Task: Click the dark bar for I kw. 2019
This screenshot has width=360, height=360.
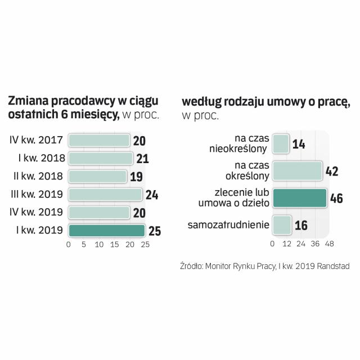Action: pos(106,231)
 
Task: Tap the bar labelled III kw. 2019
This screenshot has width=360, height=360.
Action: pos(105,195)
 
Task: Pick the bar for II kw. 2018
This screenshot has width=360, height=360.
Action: pos(97,177)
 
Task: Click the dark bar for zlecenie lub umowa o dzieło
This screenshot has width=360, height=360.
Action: pos(299,199)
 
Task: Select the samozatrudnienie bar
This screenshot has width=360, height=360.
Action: pos(282,225)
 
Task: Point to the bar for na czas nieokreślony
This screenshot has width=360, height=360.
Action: pos(281,144)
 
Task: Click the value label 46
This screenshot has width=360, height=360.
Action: pos(336,199)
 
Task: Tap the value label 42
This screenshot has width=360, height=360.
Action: pos(332,171)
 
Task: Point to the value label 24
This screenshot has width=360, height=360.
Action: pos(152,195)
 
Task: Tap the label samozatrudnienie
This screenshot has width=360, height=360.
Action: pos(228,226)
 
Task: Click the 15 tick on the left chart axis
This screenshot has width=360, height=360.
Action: pos(115,245)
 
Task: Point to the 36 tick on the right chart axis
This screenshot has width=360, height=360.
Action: pos(315,245)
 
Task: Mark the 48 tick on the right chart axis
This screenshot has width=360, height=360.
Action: pos(330,245)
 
